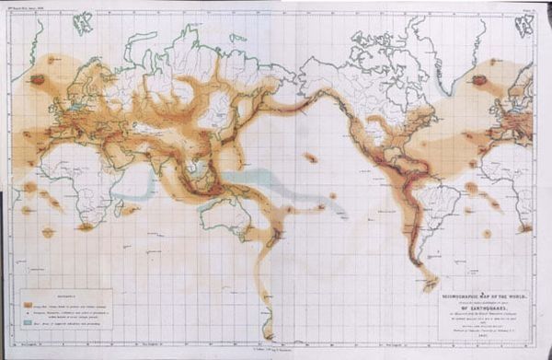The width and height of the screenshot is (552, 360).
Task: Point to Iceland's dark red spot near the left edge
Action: (38, 80)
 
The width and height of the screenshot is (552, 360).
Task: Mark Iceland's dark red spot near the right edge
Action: (479, 80)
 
